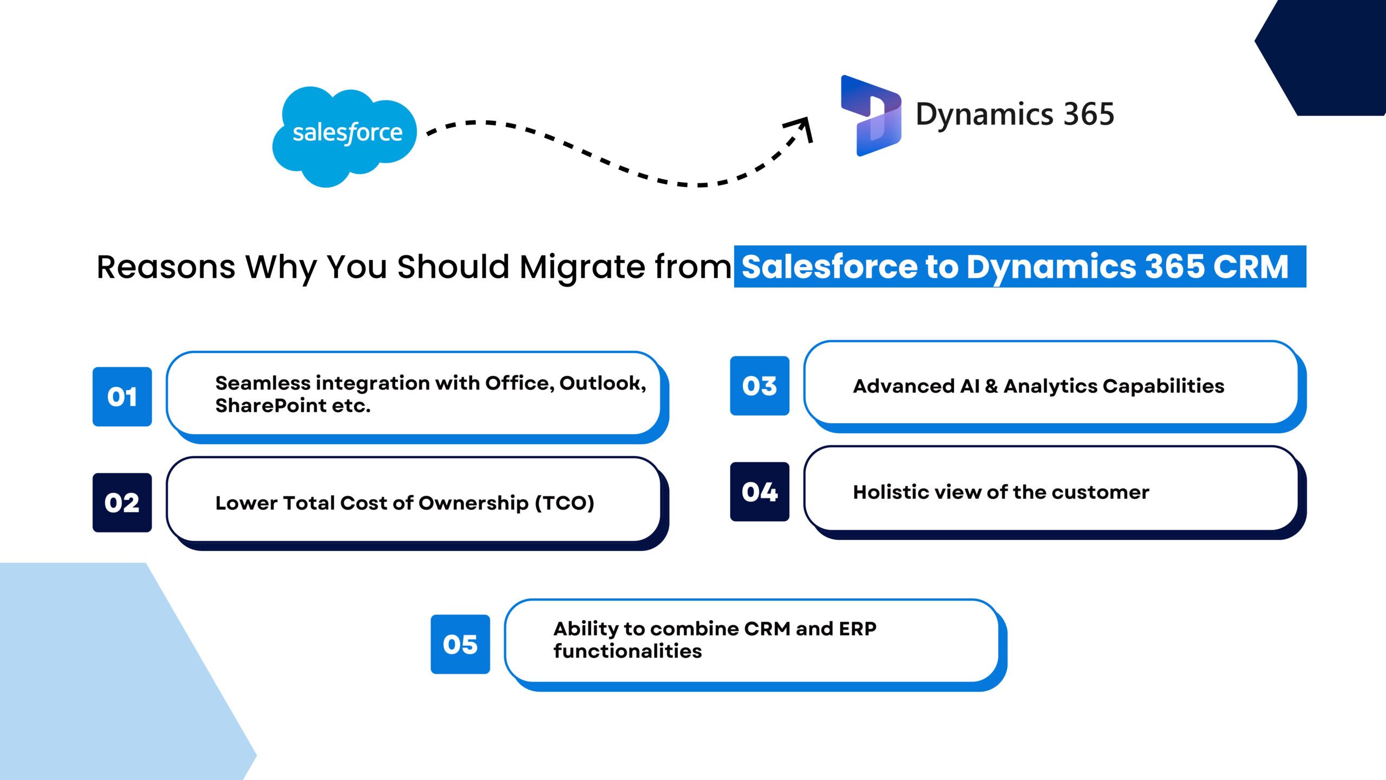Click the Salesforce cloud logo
click(x=344, y=136)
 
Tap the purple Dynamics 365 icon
click(x=871, y=115)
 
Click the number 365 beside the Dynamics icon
click(x=1088, y=114)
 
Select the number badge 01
click(x=122, y=396)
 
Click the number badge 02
click(x=122, y=503)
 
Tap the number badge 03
click(x=760, y=386)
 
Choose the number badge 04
click(x=760, y=492)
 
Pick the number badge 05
click(x=460, y=644)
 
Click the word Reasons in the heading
click(x=166, y=267)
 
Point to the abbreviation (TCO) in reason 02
click(x=565, y=503)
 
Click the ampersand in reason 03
click(x=991, y=386)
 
